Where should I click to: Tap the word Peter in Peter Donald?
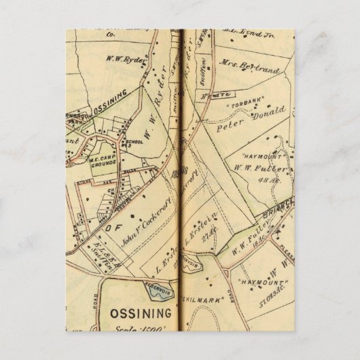pos(228,126)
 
